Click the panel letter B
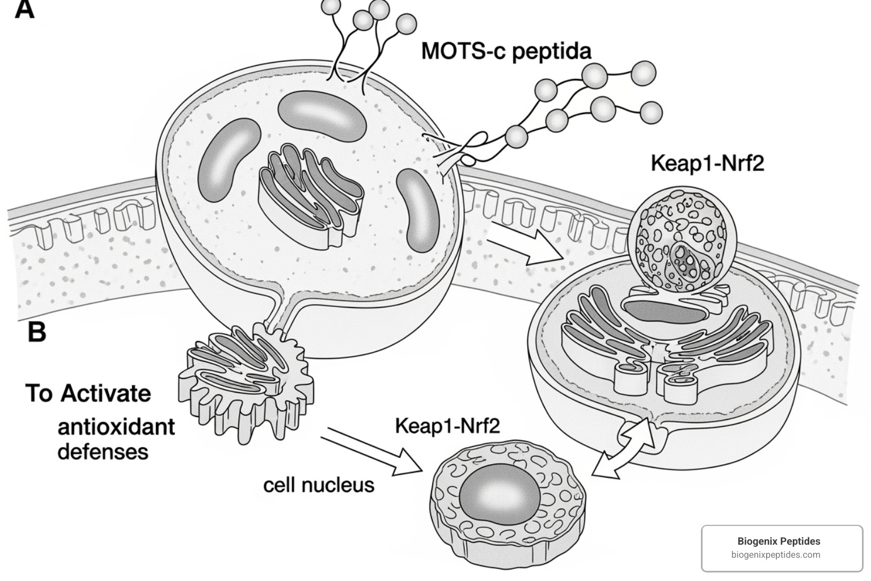36,331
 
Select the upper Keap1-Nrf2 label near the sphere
707,163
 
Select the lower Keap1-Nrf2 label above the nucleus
447,426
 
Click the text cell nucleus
319,485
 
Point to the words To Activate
88,393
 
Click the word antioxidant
116,427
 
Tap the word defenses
103,452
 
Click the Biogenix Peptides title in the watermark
779,541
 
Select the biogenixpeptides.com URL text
775,555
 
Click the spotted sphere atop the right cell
679,248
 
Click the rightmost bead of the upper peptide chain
643,73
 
